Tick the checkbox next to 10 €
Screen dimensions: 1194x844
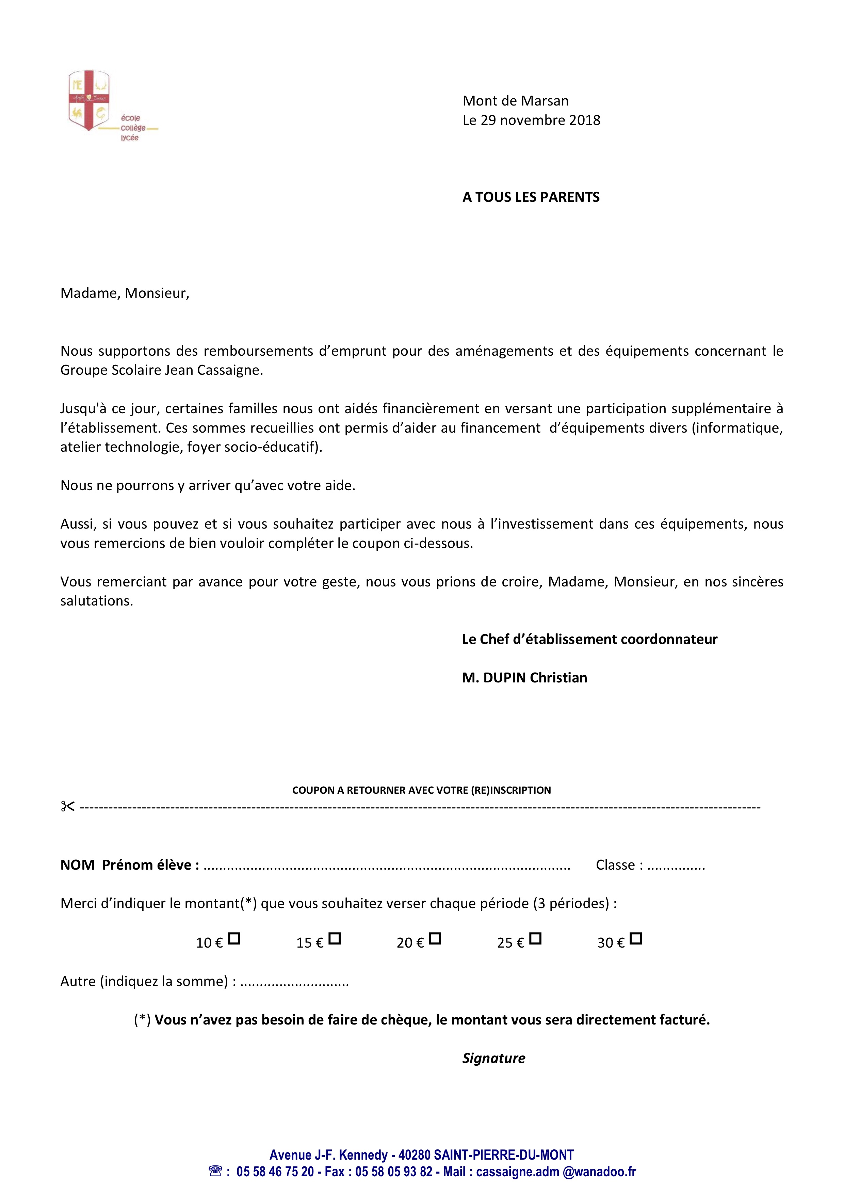pyautogui.click(x=234, y=939)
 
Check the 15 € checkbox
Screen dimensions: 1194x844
pyautogui.click(x=335, y=939)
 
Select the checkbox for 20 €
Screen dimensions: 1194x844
pyautogui.click(x=435, y=939)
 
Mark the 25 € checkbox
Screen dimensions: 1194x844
pyautogui.click(x=536, y=939)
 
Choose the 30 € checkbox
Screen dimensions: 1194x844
pyautogui.click(x=635, y=939)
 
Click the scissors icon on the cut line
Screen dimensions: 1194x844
pyautogui.click(x=68, y=807)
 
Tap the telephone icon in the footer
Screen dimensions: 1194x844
pyautogui.click(x=215, y=1171)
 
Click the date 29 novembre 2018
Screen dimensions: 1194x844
pyautogui.click(x=540, y=120)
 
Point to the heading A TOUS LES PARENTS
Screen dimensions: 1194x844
pyautogui.click(x=531, y=197)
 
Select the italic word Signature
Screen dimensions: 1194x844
pyautogui.click(x=493, y=1058)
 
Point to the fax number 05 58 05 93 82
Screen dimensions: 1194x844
pyautogui.click(x=394, y=1172)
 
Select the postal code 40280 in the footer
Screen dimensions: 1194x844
pyautogui.click(x=415, y=1155)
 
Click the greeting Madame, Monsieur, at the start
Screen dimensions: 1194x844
pyautogui.click(x=125, y=293)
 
